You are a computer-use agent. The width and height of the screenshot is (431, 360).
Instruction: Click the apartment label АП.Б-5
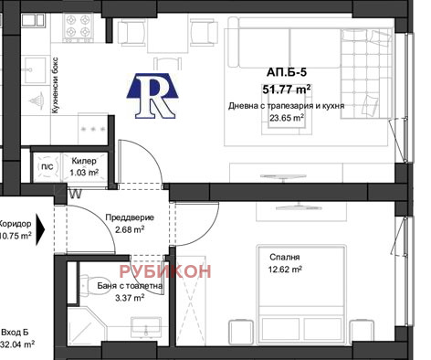click(287, 72)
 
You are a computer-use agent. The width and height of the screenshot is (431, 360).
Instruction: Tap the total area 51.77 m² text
click(287, 90)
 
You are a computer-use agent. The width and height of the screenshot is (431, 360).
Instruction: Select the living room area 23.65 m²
click(287, 118)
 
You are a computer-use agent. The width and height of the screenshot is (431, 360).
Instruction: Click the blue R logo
click(152, 96)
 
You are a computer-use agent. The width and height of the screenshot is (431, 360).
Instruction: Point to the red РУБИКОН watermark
click(165, 271)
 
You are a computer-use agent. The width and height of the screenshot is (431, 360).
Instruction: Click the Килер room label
click(84, 161)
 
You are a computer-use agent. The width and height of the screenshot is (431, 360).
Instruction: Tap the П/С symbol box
click(47, 166)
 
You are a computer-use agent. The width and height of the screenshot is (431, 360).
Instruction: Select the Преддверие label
click(130, 217)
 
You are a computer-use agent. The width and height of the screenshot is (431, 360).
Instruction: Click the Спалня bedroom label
click(285, 257)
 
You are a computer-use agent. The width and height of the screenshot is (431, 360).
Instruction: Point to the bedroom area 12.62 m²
click(285, 270)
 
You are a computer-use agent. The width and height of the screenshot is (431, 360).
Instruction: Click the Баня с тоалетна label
click(130, 286)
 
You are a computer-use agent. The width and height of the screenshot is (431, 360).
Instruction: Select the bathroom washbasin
click(146, 326)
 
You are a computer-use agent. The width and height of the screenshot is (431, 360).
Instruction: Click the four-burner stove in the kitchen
click(78, 26)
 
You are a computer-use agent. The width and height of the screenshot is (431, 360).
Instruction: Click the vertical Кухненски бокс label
click(55, 86)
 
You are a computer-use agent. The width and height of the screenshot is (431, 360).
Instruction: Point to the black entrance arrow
click(40, 229)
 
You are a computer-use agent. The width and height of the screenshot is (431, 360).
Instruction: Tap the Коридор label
click(16, 224)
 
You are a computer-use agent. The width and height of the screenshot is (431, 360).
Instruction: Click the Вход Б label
click(16, 332)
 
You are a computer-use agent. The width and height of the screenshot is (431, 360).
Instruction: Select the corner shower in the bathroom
click(87, 327)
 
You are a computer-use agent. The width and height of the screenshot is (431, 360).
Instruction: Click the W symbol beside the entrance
click(76, 194)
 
